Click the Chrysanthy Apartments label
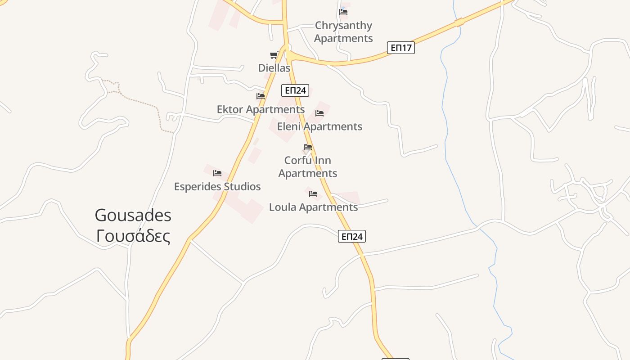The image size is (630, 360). pos(343,31)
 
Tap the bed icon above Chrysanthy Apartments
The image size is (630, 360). pos(343,12)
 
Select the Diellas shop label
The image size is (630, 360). pos(274,68)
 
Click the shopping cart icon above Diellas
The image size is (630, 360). pos(274,55)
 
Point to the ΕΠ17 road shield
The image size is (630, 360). pos(400,48)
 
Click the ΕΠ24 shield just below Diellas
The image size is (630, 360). pos(295,90)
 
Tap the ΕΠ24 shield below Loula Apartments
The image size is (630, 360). pos(352,236)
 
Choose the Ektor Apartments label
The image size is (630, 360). pos(261,109)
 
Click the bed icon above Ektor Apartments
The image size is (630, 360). pos(261,96)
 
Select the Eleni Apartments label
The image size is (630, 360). pos(319,126)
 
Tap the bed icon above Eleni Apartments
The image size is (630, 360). pos(319,113)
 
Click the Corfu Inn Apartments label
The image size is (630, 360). pos(308,166)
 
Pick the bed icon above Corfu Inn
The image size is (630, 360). pos(308,147)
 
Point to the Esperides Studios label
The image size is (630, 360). pos(217,186)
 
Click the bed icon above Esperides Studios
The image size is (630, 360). pos(217,173)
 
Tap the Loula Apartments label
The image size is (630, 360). pos(313,207)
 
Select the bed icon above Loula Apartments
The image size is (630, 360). pos(313,194)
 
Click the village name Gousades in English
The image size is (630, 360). pos(133,216)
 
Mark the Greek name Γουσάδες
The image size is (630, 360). pos(133,236)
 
